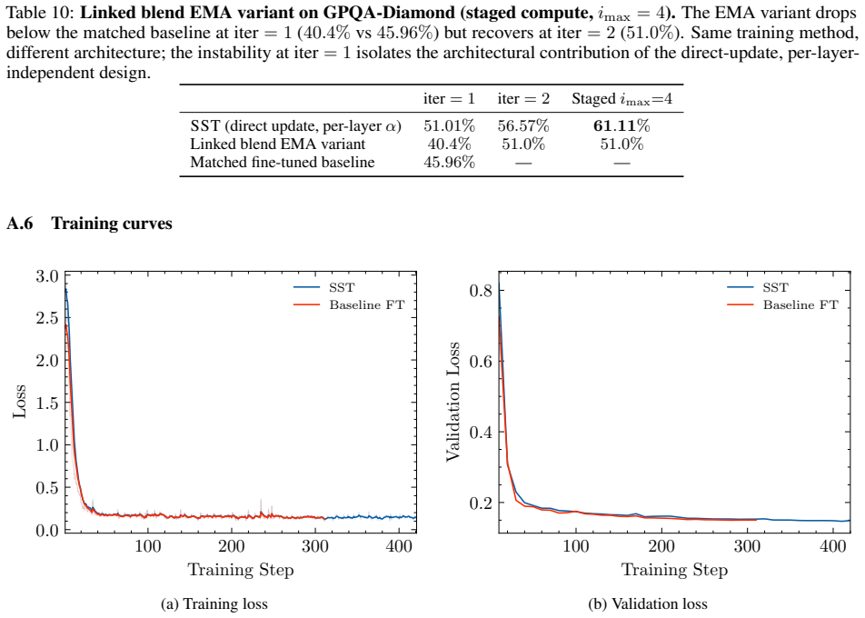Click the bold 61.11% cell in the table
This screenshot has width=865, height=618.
tap(621, 125)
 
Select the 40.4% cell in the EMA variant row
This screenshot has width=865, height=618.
tap(449, 144)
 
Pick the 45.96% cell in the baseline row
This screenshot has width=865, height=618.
tap(449, 162)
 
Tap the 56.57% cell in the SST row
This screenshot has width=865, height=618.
tap(523, 125)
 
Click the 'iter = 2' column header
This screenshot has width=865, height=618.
tap(523, 99)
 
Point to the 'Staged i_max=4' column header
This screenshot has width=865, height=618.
tap(621, 99)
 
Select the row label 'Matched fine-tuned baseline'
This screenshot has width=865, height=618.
tap(283, 162)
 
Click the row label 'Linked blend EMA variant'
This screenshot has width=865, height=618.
tap(277, 144)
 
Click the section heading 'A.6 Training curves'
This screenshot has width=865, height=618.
tap(89, 224)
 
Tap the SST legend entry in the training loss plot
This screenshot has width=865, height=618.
tap(323, 287)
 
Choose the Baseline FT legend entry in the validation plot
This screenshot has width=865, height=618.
tap(783, 305)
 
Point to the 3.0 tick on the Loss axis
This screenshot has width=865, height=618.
tap(47, 276)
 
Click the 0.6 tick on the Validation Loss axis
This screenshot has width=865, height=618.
tap(480, 362)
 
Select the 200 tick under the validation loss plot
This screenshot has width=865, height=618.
tap(661, 546)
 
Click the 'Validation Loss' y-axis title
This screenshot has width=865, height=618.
tap(452, 401)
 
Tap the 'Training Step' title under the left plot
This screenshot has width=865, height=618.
tap(241, 570)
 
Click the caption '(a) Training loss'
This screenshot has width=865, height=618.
tap(214, 604)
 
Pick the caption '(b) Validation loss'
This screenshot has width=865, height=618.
tap(648, 604)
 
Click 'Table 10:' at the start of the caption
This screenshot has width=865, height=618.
tap(38, 12)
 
